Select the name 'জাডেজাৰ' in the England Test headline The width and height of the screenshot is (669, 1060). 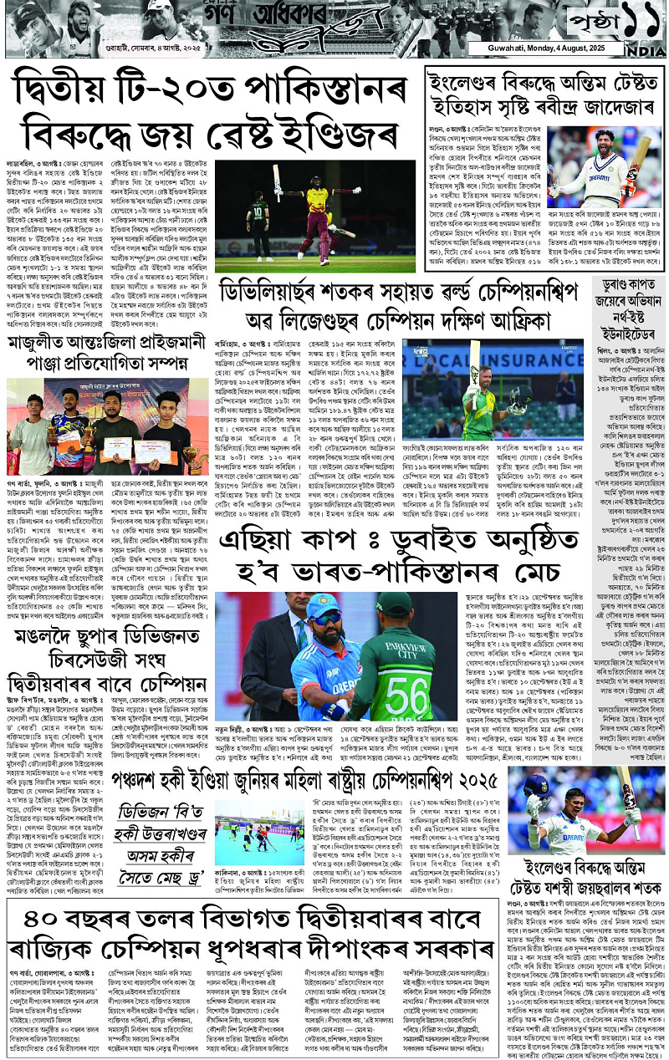(x=606, y=107)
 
